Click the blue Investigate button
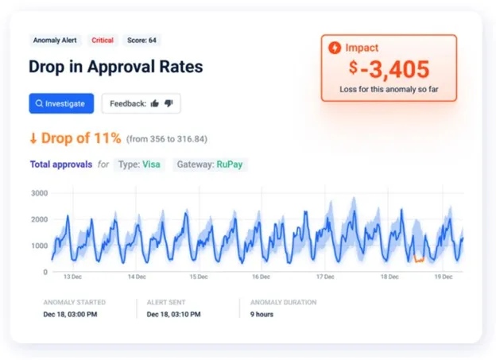tap(61, 103)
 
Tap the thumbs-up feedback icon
tap(154, 103)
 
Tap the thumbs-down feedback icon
tap(169, 103)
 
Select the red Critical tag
tap(103, 40)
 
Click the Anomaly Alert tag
tap(56, 40)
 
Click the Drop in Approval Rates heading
tap(115, 67)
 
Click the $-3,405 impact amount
tap(389, 70)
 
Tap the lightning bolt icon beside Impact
tap(335, 48)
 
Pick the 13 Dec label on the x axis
tap(72, 277)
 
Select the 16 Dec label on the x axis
tap(261, 277)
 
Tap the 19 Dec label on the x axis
tap(444, 277)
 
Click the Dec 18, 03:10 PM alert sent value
tap(173, 314)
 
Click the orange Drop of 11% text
tap(75, 138)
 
